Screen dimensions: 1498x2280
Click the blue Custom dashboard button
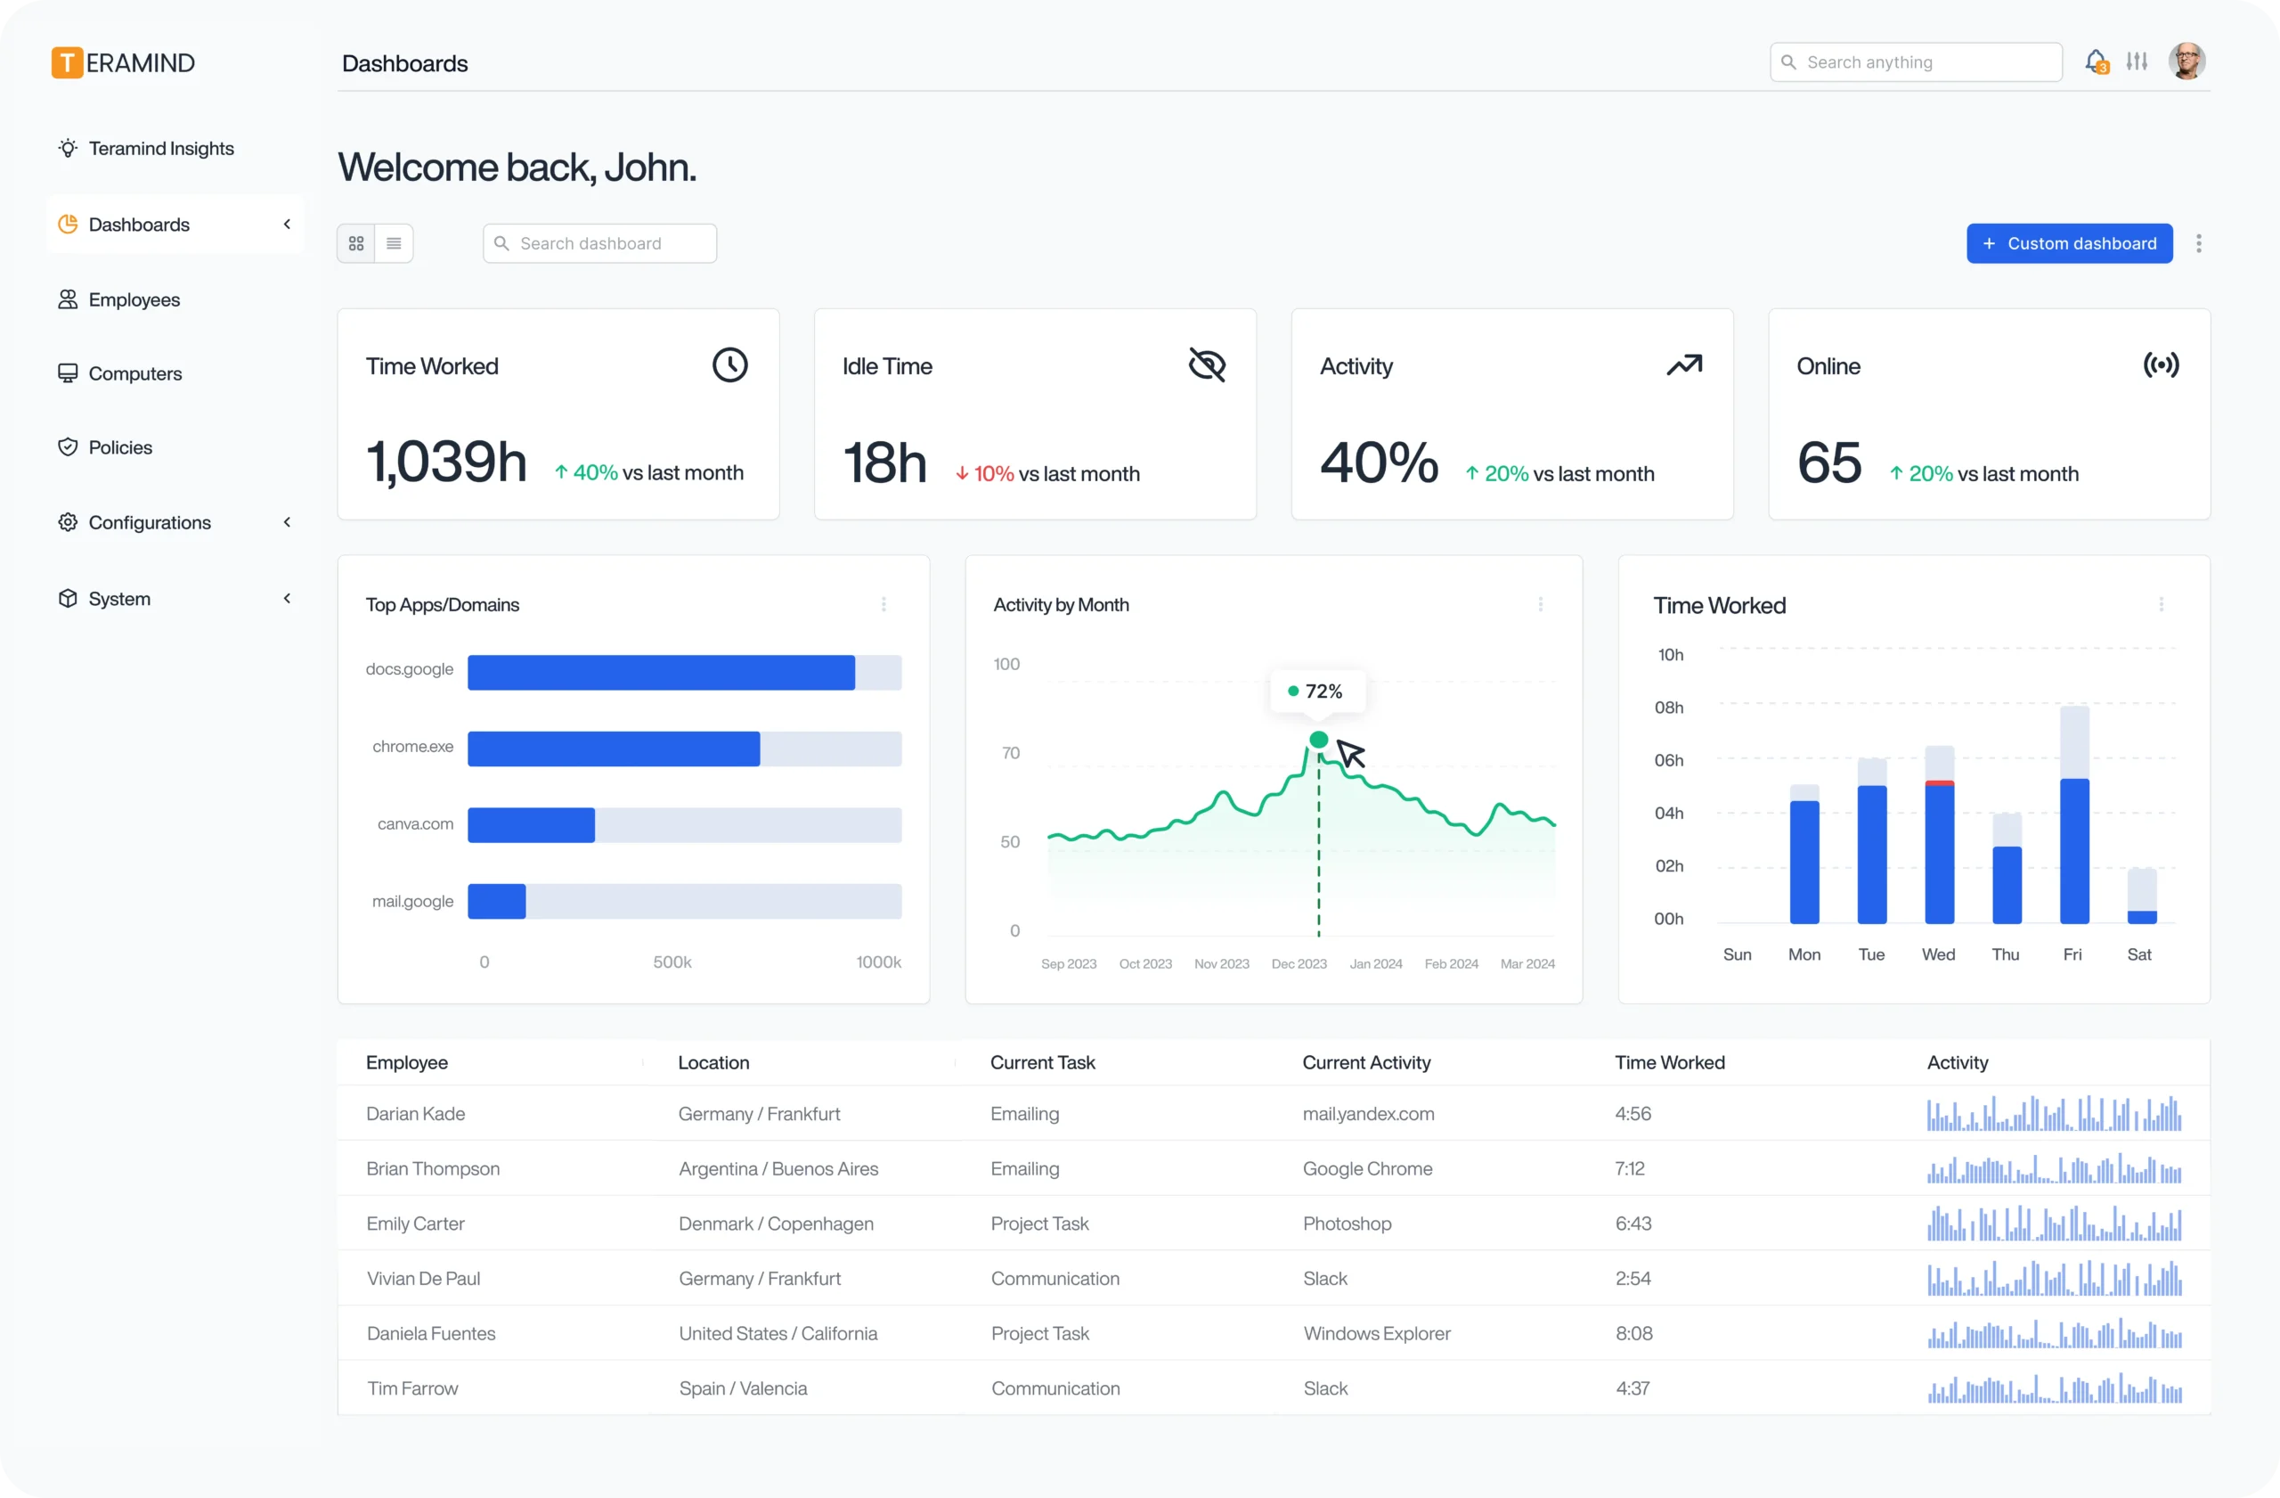click(x=2069, y=243)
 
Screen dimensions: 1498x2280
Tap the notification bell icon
click(x=2095, y=61)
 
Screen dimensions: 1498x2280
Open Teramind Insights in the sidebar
click(x=160, y=149)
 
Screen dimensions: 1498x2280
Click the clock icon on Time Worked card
click(x=730, y=365)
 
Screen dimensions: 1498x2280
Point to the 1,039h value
click(x=446, y=462)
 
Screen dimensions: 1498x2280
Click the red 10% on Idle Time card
click(x=992, y=473)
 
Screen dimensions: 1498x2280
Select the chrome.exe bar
click(x=613, y=749)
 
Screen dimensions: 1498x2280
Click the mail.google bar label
click(x=412, y=901)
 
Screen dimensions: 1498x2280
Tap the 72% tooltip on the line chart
click(x=1317, y=691)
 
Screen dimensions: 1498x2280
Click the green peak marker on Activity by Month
click(x=1318, y=739)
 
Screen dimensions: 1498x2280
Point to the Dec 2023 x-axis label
click(x=1298, y=963)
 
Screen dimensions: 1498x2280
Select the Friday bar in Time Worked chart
click(x=2074, y=849)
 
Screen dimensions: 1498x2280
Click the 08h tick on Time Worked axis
click(x=1668, y=708)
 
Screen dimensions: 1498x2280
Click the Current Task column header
click(x=1042, y=1062)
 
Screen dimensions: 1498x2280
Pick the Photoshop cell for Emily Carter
click(x=1346, y=1223)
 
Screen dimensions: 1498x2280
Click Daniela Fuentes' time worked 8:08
click(x=1633, y=1333)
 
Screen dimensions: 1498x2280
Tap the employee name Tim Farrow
click(x=412, y=1387)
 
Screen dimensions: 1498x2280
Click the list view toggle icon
click(x=394, y=243)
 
